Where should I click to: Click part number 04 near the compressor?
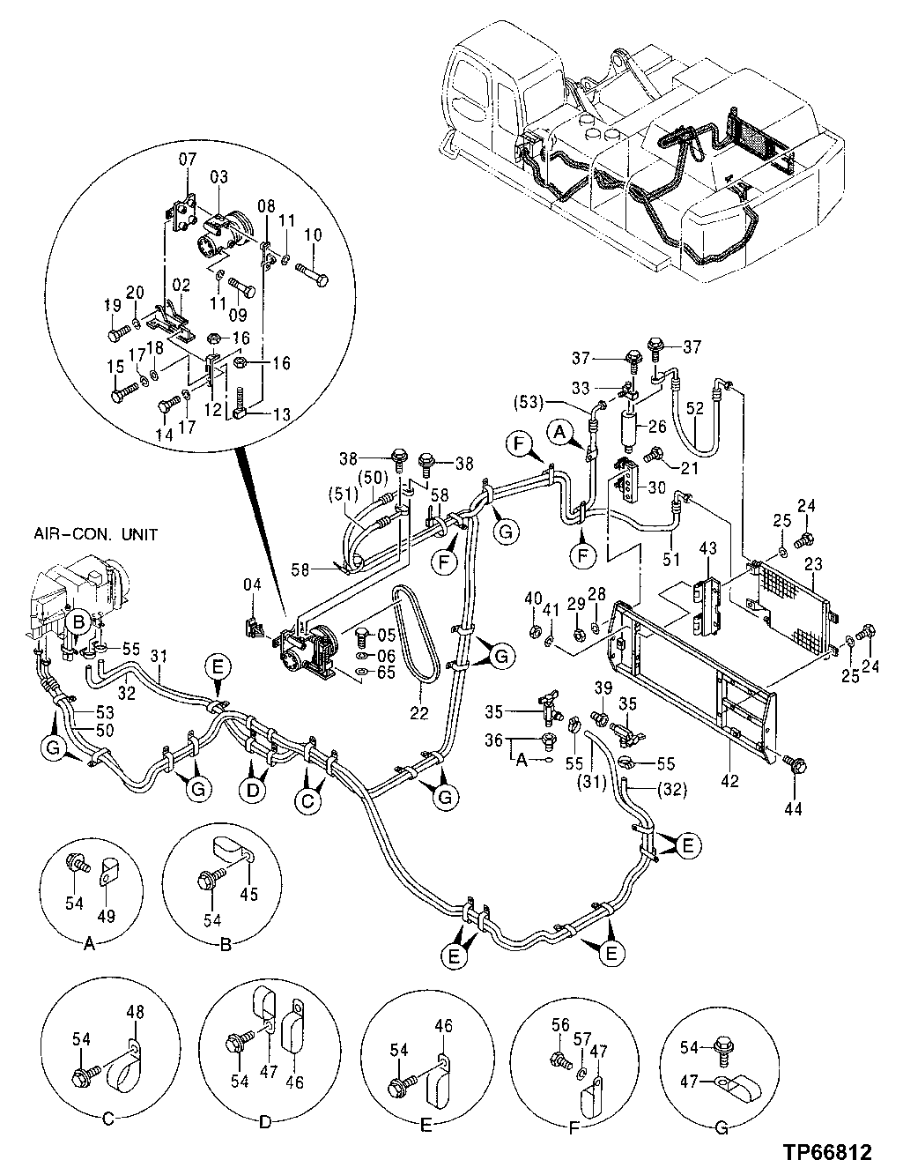tap(253, 583)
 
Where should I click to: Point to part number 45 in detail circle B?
tap(249, 893)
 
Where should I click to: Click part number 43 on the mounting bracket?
tap(708, 548)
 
